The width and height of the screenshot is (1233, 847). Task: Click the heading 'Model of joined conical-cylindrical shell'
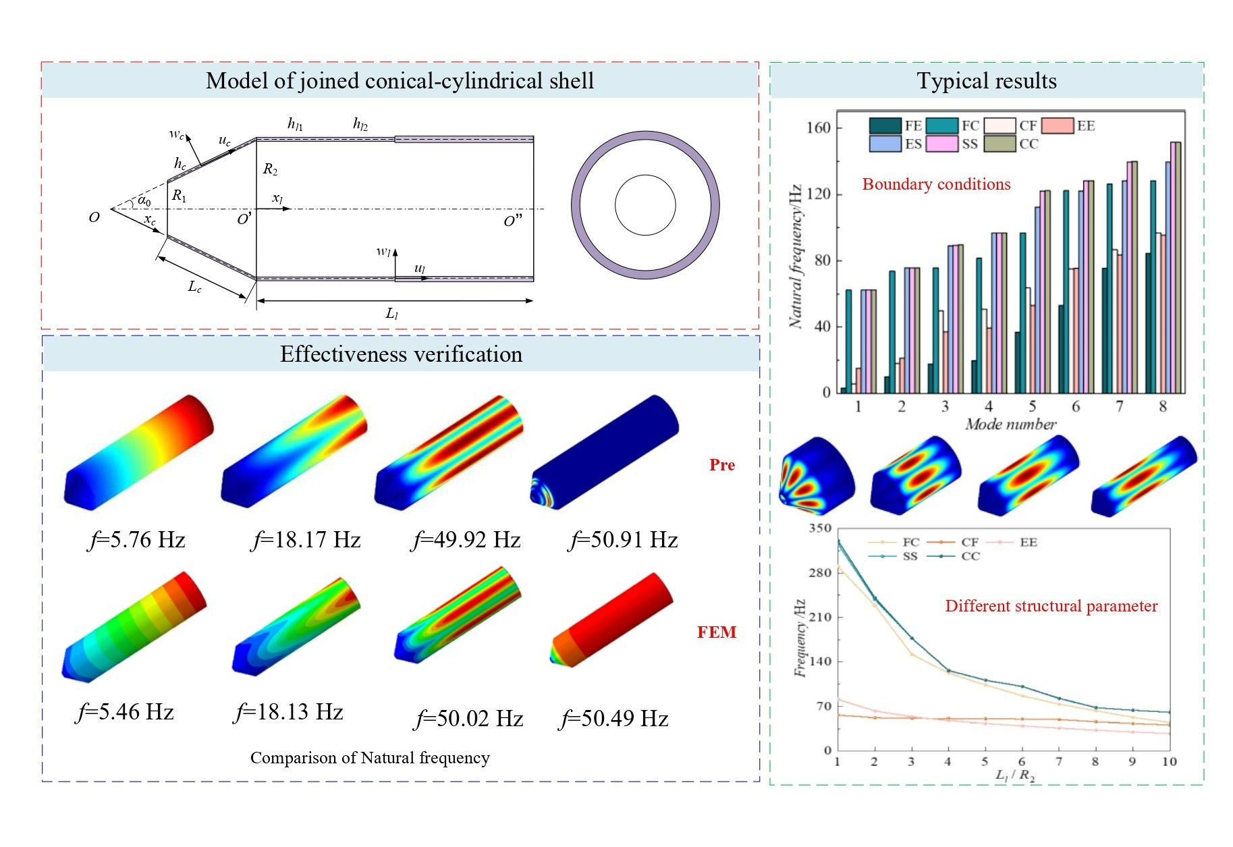(x=400, y=81)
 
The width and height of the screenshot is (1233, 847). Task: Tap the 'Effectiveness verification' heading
(x=401, y=354)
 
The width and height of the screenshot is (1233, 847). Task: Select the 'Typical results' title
(x=986, y=81)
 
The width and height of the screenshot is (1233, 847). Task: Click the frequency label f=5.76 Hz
(x=137, y=540)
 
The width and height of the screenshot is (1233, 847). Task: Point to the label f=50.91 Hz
(x=624, y=540)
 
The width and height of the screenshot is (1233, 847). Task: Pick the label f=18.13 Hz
(x=288, y=712)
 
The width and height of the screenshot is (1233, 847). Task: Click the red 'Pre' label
(x=721, y=465)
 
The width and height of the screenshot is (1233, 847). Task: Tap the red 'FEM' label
(x=716, y=632)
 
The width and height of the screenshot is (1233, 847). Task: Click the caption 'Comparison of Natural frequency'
(x=370, y=758)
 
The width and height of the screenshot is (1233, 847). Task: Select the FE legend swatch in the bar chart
(x=885, y=126)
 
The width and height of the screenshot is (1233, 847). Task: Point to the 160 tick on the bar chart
(x=819, y=128)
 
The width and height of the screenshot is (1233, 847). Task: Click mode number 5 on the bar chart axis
(x=1032, y=406)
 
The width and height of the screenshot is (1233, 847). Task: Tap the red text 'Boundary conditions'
(x=936, y=184)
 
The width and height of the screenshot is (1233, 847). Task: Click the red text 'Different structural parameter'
(x=1051, y=606)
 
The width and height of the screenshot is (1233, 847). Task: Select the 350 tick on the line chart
(x=820, y=528)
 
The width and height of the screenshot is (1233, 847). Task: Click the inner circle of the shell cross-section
(x=645, y=205)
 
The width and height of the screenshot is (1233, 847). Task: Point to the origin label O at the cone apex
(x=94, y=217)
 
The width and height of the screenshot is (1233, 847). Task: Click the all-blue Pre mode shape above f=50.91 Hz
(x=605, y=452)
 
